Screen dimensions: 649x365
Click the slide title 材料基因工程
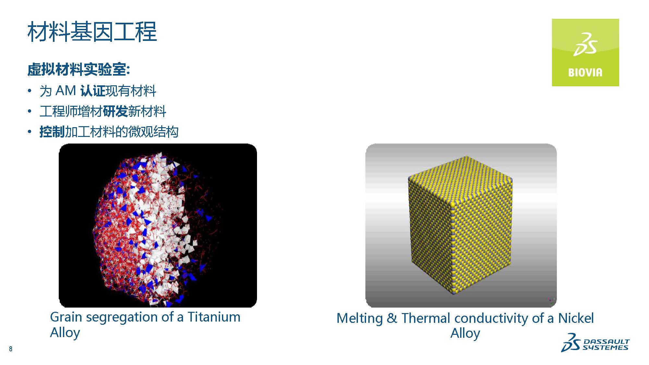pyautogui.click(x=92, y=32)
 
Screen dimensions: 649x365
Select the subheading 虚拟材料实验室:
pyautogui.click(x=79, y=69)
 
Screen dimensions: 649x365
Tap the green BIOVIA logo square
pyautogui.click(x=585, y=53)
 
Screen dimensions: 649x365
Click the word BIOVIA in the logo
pyautogui.click(x=585, y=72)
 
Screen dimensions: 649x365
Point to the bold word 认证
pyautogui.click(x=93, y=91)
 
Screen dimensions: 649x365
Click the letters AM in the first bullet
pyautogui.click(x=66, y=91)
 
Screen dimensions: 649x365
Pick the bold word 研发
pyautogui.click(x=116, y=111)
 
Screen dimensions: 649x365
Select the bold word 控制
pyautogui.click(x=52, y=132)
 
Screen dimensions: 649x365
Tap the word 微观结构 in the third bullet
pyautogui.click(x=153, y=132)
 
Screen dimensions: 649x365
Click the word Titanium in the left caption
pyautogui.click(x=214, y=317)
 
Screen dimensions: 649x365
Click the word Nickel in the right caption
pyautogui.click(x=576, y=318)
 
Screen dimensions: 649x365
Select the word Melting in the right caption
pyautogui.click(x=360, y=319)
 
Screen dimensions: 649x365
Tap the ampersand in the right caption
pyautogui.click(x=392, y=318)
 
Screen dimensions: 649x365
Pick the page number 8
pyautogui.click(x=11, y=349)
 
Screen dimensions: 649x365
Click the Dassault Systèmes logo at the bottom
pyautogui.click(x=595, y=343)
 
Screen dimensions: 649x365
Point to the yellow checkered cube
pyautogui.click(x=460, y=225)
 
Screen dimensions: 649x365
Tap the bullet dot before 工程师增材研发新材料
pyautogui.click(x=30, y=111)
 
